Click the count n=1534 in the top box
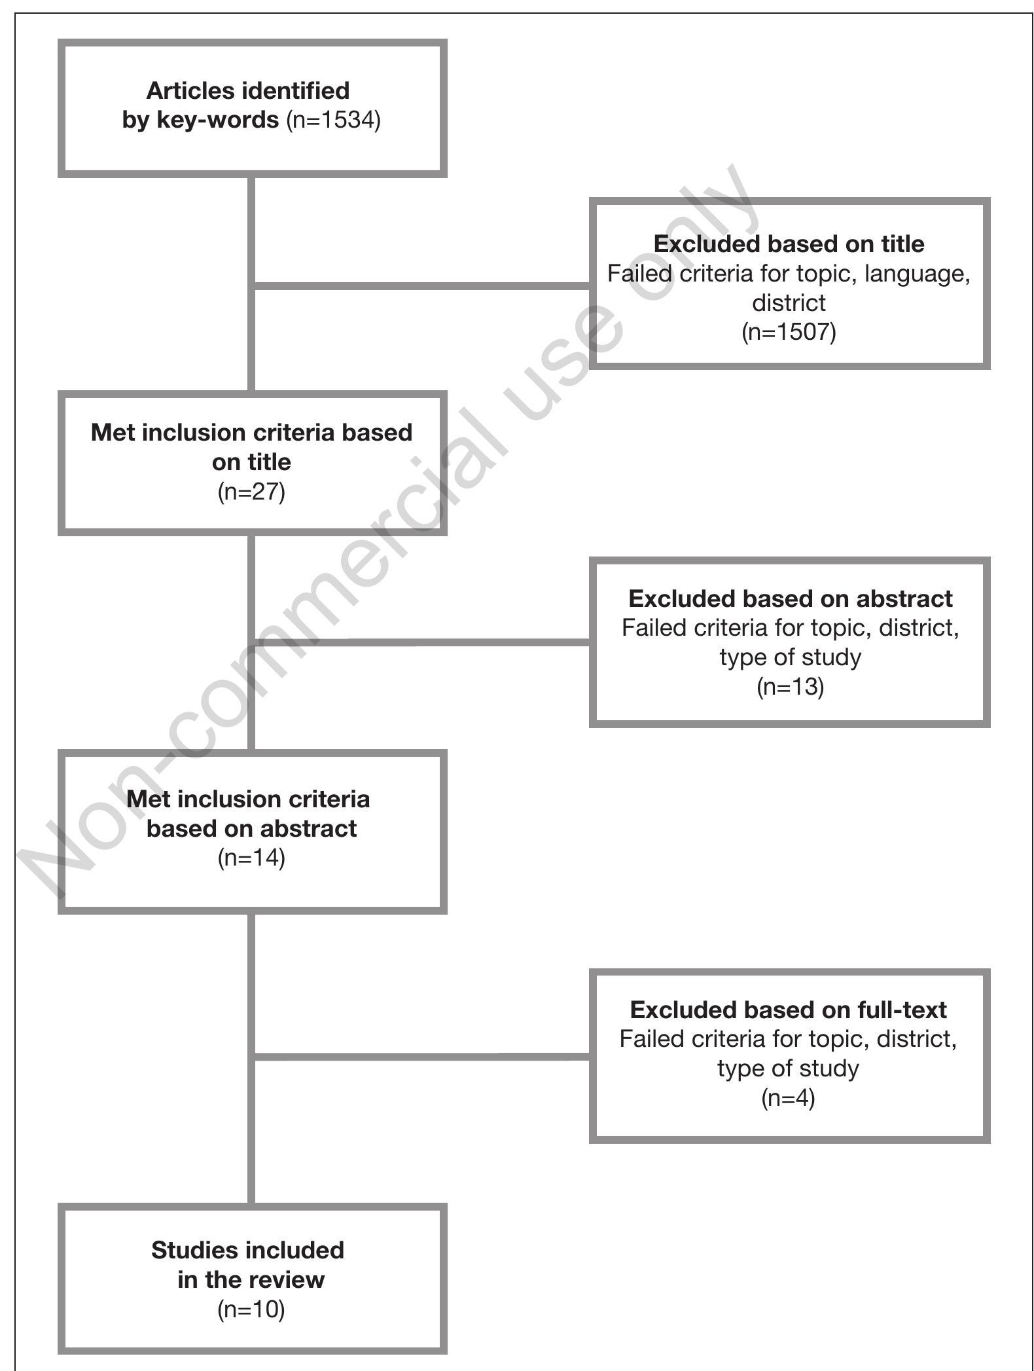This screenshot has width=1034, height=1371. tap(333, 120)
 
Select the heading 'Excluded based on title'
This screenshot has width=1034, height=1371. tap(789, 244)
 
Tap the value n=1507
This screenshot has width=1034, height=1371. tap(789, 332)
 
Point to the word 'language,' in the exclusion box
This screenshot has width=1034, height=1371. tap(917, 273)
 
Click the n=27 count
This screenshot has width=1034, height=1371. tap(251, 491)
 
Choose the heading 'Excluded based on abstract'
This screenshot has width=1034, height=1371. tap(790, 598)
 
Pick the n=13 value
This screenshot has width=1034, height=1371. tap(790, 687)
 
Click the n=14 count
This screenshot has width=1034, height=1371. tap(251, 858)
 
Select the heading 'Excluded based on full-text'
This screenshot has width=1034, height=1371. tap(788, 1010)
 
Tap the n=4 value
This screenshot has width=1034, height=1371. tap(788, 1098)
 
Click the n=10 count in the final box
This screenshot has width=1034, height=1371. tap(251, 1309)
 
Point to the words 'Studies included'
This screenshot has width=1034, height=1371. tap(247, 1250)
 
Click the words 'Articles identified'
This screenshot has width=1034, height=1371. tap(247, 90)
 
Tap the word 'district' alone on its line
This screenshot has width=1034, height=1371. tap(789, 302)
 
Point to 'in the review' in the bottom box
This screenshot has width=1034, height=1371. tap(251, 1279)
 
